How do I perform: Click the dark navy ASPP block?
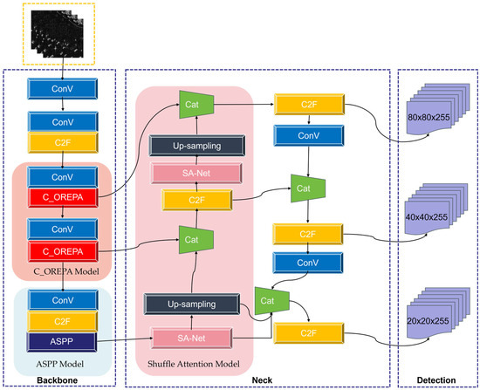[62, 342]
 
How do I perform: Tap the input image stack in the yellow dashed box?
[58, 33]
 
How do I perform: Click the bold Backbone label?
[58, 380]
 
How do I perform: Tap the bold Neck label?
[262, 380]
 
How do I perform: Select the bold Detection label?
[436, 380]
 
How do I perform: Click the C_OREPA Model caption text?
[66, 271]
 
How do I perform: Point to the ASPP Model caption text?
[59, 364]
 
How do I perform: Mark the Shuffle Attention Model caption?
[194, 364]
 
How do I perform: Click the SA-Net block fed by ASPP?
[191, 338]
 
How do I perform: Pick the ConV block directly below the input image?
[63, 89]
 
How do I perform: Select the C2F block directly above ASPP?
[62, 321]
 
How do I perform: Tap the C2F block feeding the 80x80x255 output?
[309, 105]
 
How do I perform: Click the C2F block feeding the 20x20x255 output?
[309, 333]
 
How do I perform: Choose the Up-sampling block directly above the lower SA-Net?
[192, 304]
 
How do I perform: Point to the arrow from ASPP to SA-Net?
[125, 339]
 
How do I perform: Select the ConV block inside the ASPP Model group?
[63, 300]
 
